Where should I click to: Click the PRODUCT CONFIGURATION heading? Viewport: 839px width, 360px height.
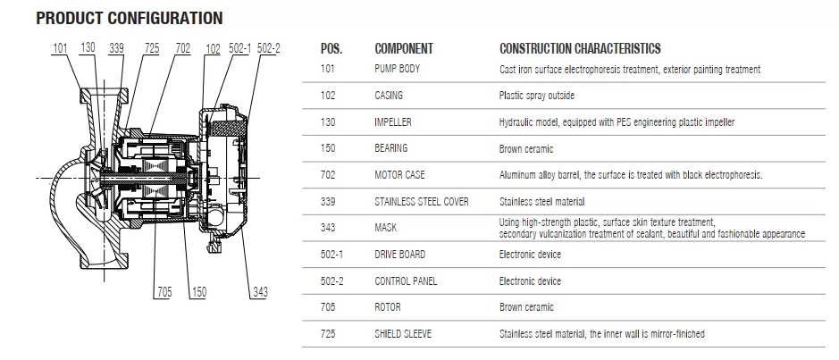click(x=129, y=18)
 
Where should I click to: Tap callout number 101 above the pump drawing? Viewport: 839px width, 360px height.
click(x=60, y=48)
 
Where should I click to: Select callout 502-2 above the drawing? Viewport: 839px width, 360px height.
click(x=269, y=48)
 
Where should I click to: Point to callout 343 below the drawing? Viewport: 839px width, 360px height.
click(x=259, y=292)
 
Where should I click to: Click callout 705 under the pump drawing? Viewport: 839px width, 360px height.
click(x=164, y=292)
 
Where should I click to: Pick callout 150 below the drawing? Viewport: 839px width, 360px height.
click(x=198, y=292)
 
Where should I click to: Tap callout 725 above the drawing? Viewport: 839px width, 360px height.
click(x=152, y=48)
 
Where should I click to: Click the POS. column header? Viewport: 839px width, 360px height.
click(x=331, y=48)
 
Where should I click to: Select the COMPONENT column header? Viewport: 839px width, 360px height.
click(x=404, y=48)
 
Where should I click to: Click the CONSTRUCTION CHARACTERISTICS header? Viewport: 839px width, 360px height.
click(x=580, y=48)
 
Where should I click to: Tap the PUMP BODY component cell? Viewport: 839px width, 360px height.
click(x=397, y=69)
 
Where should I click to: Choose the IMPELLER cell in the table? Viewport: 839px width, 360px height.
click(x=393, y=122)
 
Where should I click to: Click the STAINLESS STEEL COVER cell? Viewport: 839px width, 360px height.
click(x=421, y=202)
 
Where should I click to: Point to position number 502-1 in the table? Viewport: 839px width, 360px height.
click(x=331, y=255)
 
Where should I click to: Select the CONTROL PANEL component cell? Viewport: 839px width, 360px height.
click(x=406, y=281)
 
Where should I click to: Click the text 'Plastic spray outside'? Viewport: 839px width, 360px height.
click(x=537, y=96)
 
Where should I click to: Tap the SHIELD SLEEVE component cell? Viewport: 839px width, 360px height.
click(x=403, y=334)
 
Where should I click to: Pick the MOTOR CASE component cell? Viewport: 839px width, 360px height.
click(x=399, y=175)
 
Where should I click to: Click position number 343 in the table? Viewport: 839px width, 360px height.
click(x=328, y=228)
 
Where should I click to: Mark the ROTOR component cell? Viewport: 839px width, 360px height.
click(x=388, y=307)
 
